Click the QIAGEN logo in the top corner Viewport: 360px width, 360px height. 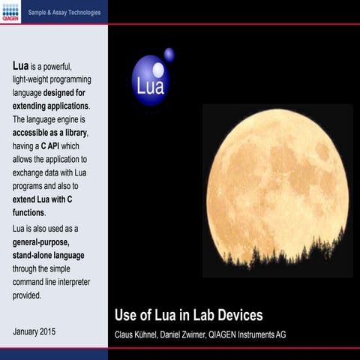coord(10,11)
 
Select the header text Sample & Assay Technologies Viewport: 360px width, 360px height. coord(63,13)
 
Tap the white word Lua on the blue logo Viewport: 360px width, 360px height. coord(150,86)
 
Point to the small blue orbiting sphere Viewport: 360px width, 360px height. coord(169,54)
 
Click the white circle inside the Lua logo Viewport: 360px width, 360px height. coord(157,70)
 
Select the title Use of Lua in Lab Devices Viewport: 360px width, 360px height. coord(187,315)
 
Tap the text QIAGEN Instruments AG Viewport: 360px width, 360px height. coord(255,334)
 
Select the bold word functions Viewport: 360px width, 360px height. coord(28,213)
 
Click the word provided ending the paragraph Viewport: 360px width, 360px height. coord(27,295)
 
